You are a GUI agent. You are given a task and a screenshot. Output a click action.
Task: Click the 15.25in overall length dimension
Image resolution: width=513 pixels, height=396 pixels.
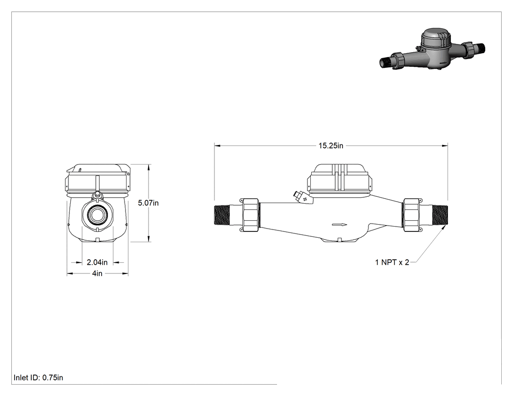coord(331,146)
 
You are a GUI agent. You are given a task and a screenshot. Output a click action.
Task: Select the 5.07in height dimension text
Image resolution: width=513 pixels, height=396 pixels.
coord(148,203)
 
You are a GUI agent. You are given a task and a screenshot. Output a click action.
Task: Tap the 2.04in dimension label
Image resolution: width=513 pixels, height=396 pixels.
coord(97,262)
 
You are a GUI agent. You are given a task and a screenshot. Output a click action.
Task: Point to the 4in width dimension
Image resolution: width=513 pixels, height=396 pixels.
coord(97,273)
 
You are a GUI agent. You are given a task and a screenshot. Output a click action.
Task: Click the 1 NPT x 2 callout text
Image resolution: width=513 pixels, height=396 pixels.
coord(392,262)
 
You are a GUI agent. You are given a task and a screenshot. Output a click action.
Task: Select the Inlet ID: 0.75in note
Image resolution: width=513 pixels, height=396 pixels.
coord(38,377)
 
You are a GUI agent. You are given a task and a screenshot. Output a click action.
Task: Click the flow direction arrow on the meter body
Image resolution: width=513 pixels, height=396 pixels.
coord(340,225)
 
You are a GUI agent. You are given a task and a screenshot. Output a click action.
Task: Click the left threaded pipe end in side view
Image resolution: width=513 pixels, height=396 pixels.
coord(222,214)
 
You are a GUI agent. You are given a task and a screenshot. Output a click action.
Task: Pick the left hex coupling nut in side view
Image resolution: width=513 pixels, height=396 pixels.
coord(250,215)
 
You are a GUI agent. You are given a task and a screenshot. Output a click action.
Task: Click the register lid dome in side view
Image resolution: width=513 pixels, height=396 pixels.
coord(340,169)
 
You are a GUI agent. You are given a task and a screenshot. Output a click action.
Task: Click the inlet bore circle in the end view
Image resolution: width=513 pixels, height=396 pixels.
coord(97,216)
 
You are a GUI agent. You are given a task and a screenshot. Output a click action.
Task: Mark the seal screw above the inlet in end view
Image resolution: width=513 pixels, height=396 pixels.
coord(97,196)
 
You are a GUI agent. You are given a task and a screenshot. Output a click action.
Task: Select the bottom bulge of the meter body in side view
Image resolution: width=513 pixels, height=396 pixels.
coord(340,239)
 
